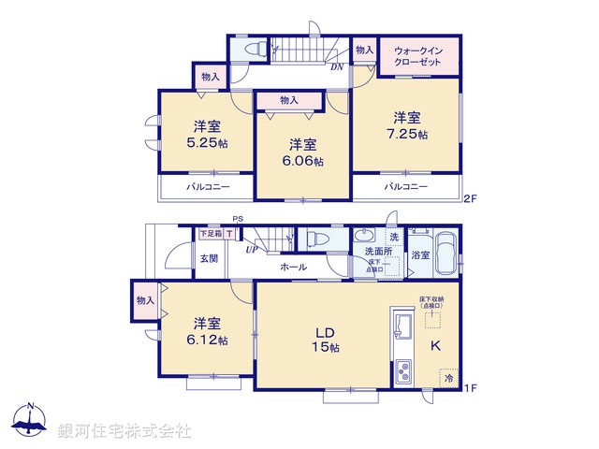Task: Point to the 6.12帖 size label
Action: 209,340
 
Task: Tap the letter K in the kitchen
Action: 434,345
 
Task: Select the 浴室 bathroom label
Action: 419,255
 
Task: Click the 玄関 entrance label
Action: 207,258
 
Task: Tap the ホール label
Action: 292,267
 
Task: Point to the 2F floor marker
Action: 471,197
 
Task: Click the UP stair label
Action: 252,250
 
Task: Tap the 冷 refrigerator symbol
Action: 449,379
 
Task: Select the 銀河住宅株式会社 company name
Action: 124,431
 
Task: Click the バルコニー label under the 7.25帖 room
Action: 404,187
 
